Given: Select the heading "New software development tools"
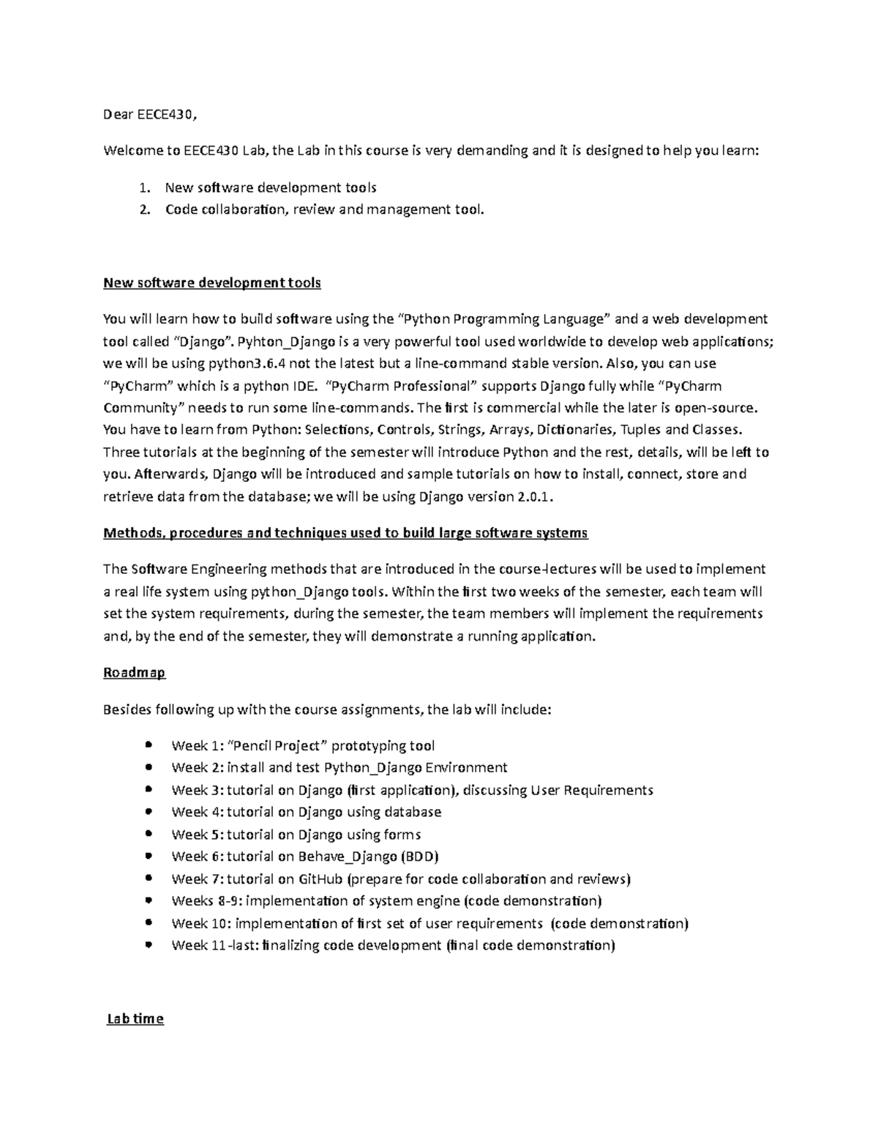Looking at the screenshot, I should [212, 283].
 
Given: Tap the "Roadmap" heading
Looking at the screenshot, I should [135, 672].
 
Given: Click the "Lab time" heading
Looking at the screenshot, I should [135, 1018].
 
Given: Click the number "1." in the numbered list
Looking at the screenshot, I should [145, 187].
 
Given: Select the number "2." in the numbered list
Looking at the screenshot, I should [145, 209].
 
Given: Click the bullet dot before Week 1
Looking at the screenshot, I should [149, 745].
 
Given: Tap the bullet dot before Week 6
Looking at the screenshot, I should [149, 855].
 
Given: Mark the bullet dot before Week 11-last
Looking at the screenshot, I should [149, 944].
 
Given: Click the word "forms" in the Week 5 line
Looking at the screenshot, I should [402, 834].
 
